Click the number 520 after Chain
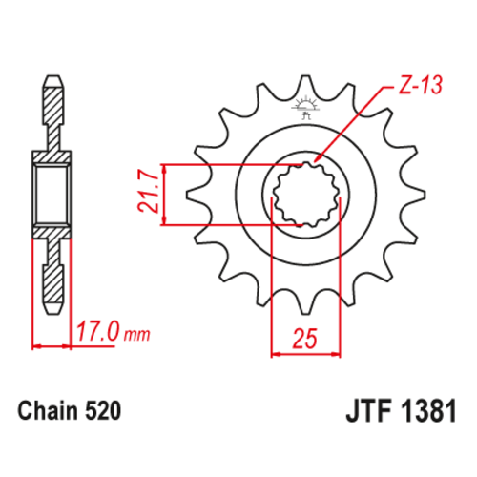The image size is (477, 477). (101, 414)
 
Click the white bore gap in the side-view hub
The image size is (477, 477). (53, 195)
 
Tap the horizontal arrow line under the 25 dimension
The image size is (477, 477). (306, 353)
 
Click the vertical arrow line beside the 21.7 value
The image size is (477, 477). (168, 195)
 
